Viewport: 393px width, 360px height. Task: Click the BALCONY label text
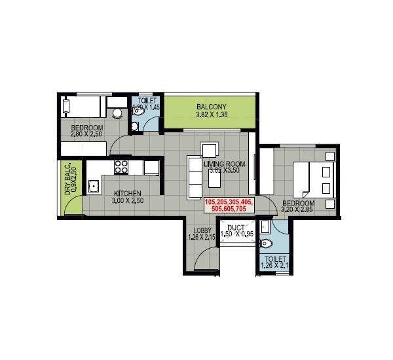point(211,107)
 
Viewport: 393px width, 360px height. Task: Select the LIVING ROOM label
point(224,164)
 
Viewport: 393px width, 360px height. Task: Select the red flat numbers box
point(229,206)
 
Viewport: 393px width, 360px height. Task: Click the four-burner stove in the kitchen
point(122,167)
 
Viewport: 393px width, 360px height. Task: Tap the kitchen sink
point(94,187)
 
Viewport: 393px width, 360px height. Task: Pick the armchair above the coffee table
point(210,150)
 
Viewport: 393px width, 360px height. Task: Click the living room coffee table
point(215,177)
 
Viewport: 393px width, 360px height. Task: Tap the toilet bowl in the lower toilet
point(266,244)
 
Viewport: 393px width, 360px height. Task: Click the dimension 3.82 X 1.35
point(211,116)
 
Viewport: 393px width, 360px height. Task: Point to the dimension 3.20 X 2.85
point(299,211)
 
